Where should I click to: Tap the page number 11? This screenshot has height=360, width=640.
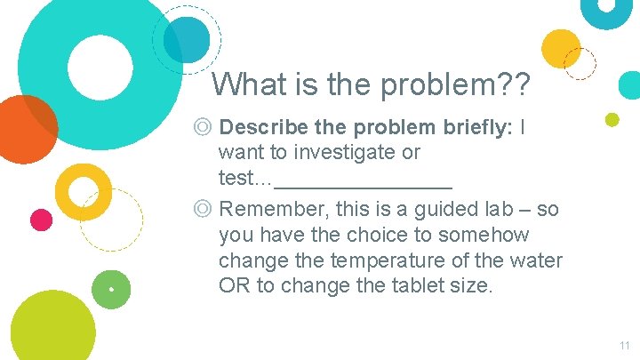[x=624, y=345]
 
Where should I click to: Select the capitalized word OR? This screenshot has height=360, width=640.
[x=234, y=285]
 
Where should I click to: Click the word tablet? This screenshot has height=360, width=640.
[x=418, y=285]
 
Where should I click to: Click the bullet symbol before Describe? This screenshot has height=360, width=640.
[x=204, y=127]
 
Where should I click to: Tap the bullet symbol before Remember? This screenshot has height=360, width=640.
[x=204, y=210]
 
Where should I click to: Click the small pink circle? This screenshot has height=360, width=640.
[x=41, y=219]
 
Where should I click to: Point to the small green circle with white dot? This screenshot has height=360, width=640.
[x=111, y=290]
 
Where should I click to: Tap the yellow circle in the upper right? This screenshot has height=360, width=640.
[x=562, y=48]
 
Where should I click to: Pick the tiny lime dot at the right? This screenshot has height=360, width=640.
[x=612, y=119]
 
